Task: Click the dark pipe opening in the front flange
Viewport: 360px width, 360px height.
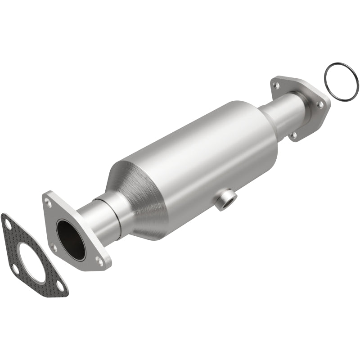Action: [x=71, y=239]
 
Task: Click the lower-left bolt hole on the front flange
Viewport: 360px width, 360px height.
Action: [x=54, y=246]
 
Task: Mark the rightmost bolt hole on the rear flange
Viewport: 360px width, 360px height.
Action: [x=320, y=104]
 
